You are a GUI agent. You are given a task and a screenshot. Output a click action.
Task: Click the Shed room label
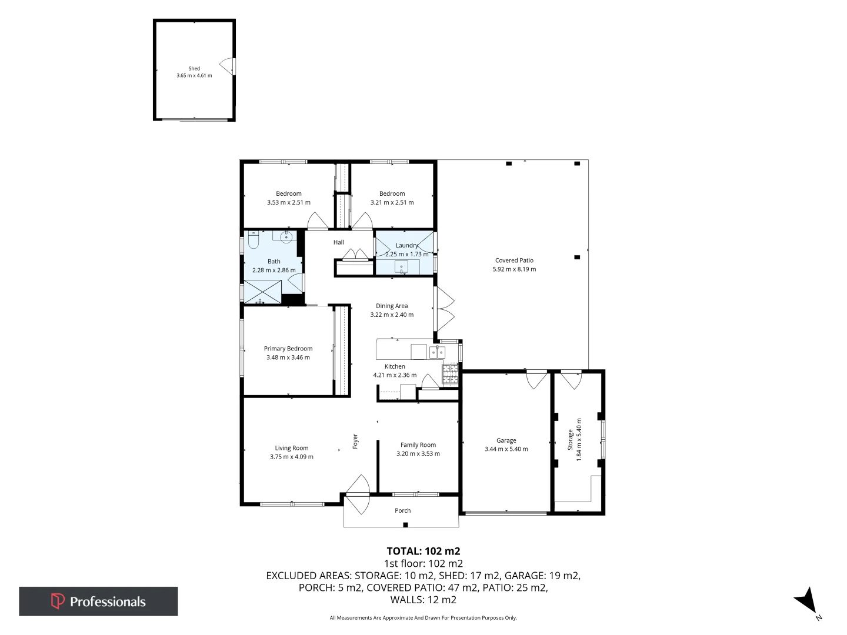click(x=194, y=69)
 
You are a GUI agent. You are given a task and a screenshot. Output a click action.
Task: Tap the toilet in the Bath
click(x=254, y=240)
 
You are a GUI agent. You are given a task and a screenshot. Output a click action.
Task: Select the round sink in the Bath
click(x=286, y=238)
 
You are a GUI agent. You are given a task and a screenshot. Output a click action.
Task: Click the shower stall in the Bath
click(x=262, y=292)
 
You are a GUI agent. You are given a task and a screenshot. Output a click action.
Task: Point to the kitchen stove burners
click(x=450, y=374)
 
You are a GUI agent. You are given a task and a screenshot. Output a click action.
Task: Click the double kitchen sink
click(x=437, y=352)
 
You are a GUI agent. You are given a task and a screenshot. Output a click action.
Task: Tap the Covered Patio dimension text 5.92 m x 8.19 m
click(x=514, y=269)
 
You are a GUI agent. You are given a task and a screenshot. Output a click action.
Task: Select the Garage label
click(x=506, y=440)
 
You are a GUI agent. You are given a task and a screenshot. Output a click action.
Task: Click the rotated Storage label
click(x=570, y=439)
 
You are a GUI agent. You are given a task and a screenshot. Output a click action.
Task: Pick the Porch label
click(x=402, y=510)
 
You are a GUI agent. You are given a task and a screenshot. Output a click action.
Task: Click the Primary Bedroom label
click(x=288, y=349)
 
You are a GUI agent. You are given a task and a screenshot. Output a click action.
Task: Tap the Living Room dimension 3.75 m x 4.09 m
click(x=291, y=457)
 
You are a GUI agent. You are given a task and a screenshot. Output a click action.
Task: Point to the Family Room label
click(x=418, y=445)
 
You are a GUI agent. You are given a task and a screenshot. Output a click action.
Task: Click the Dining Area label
click(x=392, y=306)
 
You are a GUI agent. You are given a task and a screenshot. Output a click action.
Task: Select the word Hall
click(x=338, y=242)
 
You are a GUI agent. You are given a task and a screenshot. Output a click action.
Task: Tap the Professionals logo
click(x=98, y=601)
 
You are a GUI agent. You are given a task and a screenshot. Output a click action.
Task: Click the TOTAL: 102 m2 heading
click(x=423, y=551)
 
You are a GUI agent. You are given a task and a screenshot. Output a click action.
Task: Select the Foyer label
click(x=355, y=442)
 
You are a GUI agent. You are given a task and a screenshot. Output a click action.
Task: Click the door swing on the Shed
click(x=227, y=66)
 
